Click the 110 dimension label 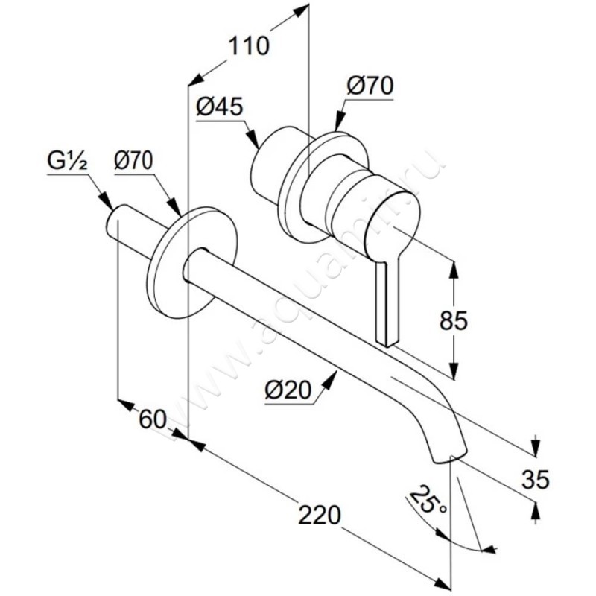click(x=249, y=46)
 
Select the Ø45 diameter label click(x=219, y=107)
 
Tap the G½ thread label click(x=68, y=162)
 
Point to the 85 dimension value click(x=454, y=320)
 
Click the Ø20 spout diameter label click(x=288, y=390)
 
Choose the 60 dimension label click(x=153, y=419)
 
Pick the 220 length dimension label click(x=320, y=515)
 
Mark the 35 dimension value click(x=536, y=479)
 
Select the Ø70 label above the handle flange click(x=370, y=86)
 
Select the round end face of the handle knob click(x=393, y=227)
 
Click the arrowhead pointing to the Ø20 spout click(x=331, y=379)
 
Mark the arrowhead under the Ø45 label click(x=253, y=139)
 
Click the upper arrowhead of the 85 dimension click(x=454, y=268)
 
